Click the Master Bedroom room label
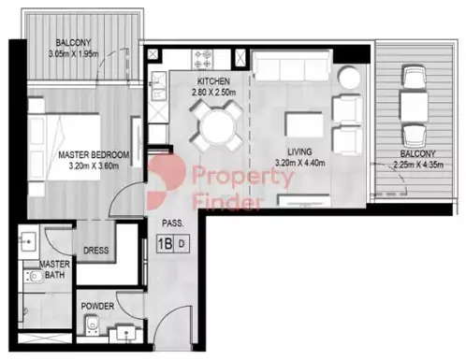[94, 154]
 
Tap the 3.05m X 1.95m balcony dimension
[74, 54]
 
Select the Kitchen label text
[213, 81]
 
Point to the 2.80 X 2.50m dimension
[213, 93]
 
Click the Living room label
[299, 151]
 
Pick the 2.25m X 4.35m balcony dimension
[418, 165]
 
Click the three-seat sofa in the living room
[291, 65]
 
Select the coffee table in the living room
[304, 124]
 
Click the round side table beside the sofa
[350, 77]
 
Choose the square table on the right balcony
[414, 107]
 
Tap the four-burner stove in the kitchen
[202, 59]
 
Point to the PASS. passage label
[172, 223]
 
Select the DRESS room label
[96, 251]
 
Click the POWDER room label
[97, 306]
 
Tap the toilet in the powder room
[93, 324]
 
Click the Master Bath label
[54, 269]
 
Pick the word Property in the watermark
[243, 177]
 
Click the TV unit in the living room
[304, 200]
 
